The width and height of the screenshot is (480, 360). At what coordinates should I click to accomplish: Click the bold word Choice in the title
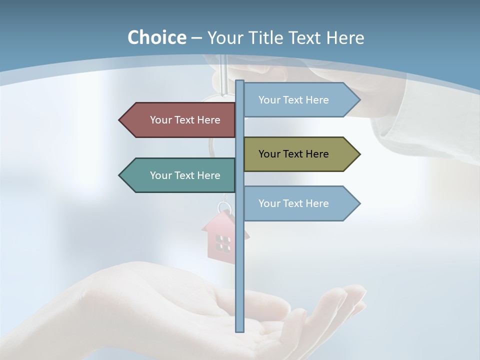point(156,37)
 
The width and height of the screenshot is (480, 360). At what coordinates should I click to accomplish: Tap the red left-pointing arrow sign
point(180,120)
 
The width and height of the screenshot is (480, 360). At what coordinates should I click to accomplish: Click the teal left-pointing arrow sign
point(180,175)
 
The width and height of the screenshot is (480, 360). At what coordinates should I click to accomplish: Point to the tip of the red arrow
point(120,120)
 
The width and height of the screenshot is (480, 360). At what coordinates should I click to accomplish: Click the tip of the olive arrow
point(359,154)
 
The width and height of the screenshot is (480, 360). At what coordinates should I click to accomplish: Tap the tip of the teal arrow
point(120,175)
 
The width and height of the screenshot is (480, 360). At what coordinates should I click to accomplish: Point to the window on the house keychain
point(223,243)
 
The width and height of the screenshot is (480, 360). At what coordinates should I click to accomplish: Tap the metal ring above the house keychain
point(224,207)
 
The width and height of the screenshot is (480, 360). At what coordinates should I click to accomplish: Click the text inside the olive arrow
point(293,154)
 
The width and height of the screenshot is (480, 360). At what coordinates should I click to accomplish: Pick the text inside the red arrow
point(185,120)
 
